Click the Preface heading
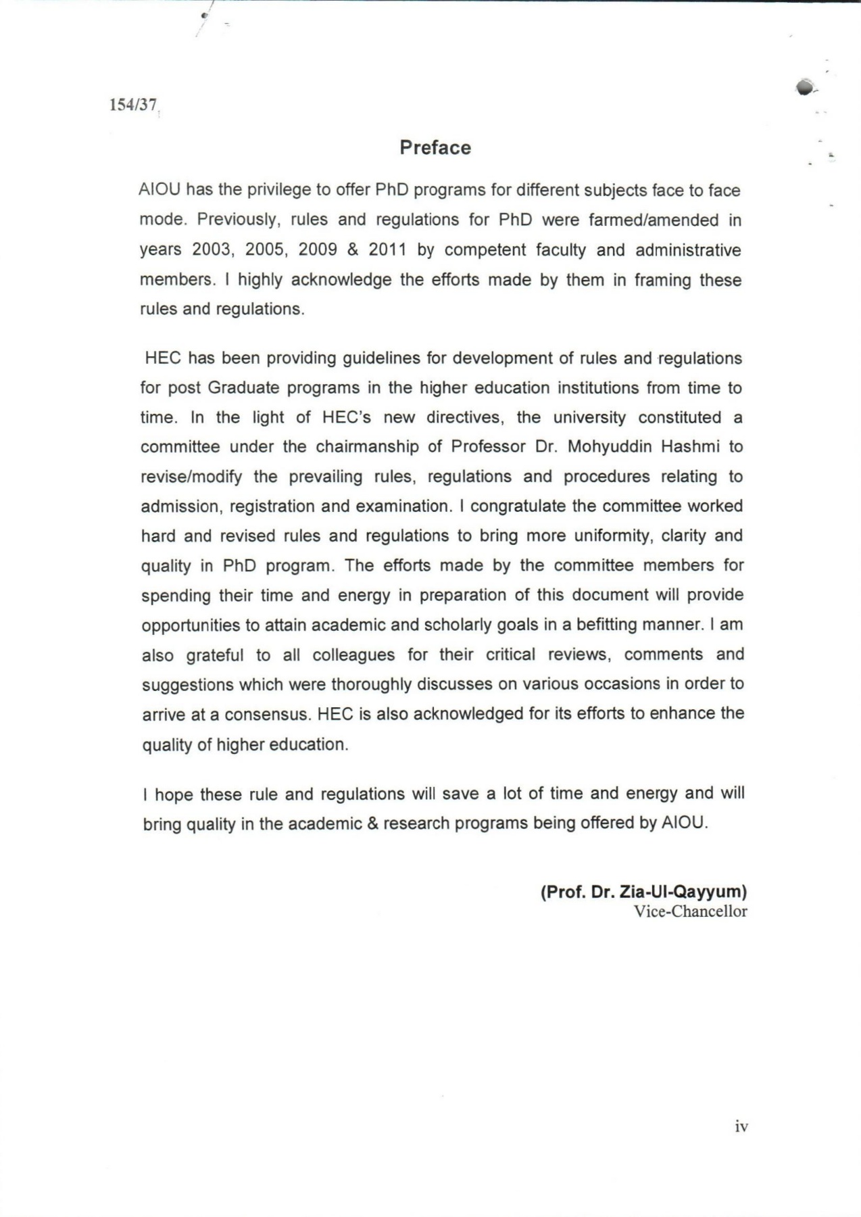click(435, 147)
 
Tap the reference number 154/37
click(133, 105)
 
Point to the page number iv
click(741, 1126)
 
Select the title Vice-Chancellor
click(690, 911)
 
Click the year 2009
click(318, 250)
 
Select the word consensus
click(268, 715)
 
